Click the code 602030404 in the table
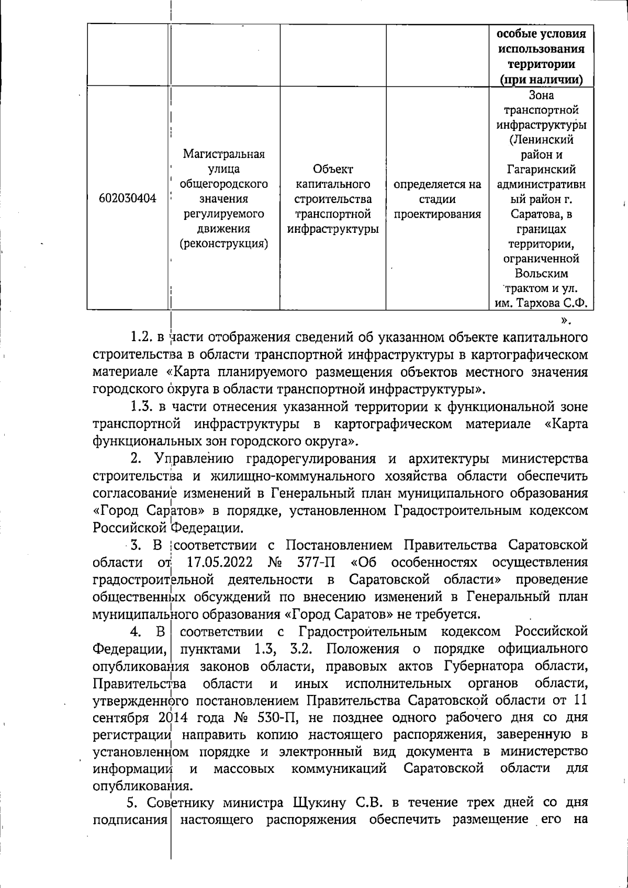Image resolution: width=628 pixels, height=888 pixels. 128,199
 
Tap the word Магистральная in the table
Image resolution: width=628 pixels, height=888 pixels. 224,154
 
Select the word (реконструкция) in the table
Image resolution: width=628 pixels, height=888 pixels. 224,244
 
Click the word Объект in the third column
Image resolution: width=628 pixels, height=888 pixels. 333,170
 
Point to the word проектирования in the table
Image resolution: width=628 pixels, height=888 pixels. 438,214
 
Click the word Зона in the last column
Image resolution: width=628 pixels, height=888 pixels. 541,96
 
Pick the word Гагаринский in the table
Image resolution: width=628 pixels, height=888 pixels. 541,170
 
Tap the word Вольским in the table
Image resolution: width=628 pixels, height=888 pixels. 541,274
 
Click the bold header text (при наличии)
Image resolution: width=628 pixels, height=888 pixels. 541,80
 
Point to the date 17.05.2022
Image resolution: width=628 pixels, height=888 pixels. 220,563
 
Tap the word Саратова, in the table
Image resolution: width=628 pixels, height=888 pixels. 541,214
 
